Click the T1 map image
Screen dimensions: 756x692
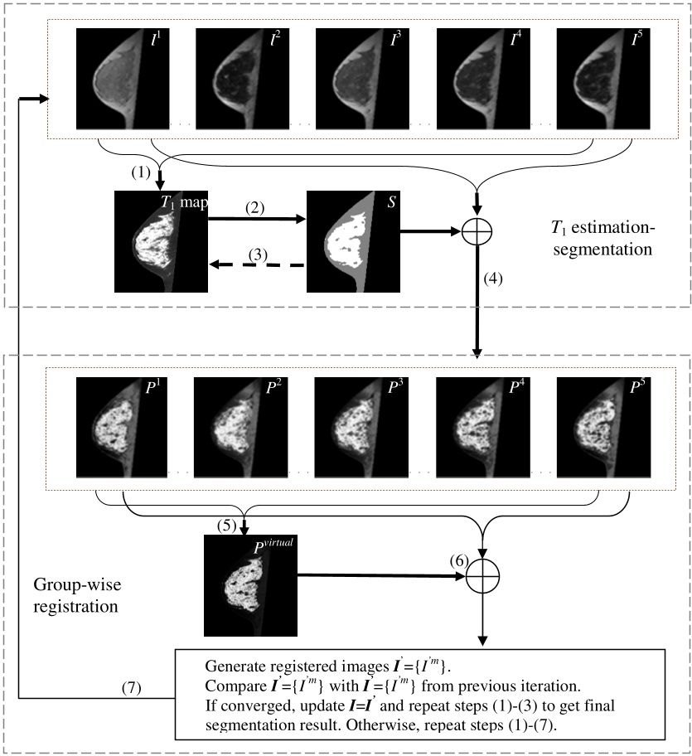tap(161, 241)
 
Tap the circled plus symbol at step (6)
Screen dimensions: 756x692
tap(480, 577)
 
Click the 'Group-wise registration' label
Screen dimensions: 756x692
tap(74, 596)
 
